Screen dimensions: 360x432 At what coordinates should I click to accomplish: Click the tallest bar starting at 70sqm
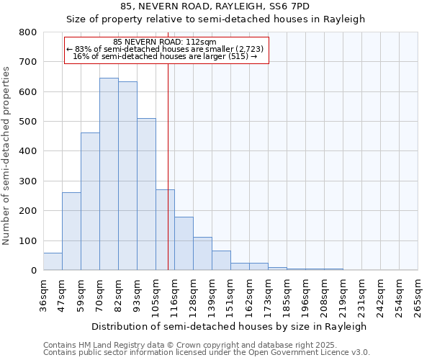tap(109, 174)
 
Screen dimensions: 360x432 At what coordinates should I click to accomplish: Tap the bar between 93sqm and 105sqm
tap(146, 194)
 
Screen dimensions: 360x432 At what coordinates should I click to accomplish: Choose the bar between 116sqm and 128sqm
tap(184, 243)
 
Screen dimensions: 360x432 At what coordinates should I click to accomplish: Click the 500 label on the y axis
tap(28, 122)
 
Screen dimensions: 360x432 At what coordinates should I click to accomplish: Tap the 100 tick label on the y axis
tap(28, 240)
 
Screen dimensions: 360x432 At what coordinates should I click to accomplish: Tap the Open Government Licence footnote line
tap(207, 353)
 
